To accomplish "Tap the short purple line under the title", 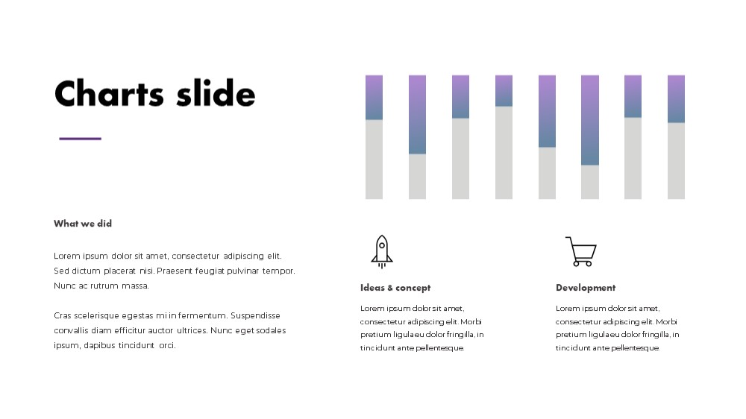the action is pyautogui.click(x=80, y=139).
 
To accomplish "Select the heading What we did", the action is pyautogui.click(x=83, y=224).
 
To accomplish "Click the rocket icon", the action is pyautogui.click(x=381, y=251).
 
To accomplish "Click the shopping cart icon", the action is pyautogui.click(x=581, y=251).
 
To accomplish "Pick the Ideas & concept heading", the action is pyautogui.click(x=395, y=288).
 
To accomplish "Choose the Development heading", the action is pyautogui.click(x=586, y=288).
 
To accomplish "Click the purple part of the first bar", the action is pyautogui.click(x=374, y=97).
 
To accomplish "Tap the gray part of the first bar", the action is pyautogui.click(x=374, y=160).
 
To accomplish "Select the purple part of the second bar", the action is pyautogui.click(x=417, y=114).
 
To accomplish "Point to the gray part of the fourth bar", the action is pyautogui.click(x=504, y=153).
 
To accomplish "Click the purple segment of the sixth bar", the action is pyautogui.click(x=590, y=120).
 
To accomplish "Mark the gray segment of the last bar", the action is pyautogui.click(x=676, y=161).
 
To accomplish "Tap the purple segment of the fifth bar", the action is pyautogui.click(x=547, y=111).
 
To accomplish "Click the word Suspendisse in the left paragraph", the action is pyautogui.click(x=255, y=316).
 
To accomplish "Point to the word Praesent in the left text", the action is pyautogui.click(x=175, y=271).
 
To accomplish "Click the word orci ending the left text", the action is pyautogui.click(x=167, y=346).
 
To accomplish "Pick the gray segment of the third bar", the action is pyautogui.click(x=460, y=158).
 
